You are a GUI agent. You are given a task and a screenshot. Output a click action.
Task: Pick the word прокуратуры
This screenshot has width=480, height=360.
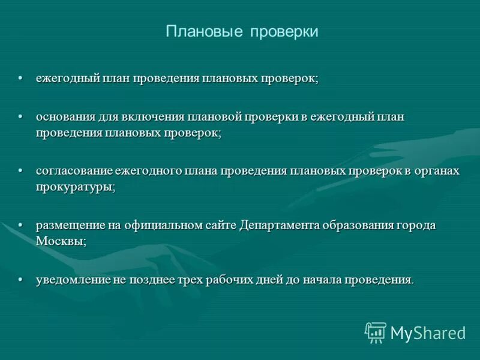pos(74,187)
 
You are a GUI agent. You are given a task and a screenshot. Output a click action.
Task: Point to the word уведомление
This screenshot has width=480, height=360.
pos(73,280)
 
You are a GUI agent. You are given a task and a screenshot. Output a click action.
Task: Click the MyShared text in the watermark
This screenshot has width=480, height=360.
pos(428,332)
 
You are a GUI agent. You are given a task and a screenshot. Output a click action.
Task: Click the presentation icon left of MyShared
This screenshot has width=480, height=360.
pos(375,332)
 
